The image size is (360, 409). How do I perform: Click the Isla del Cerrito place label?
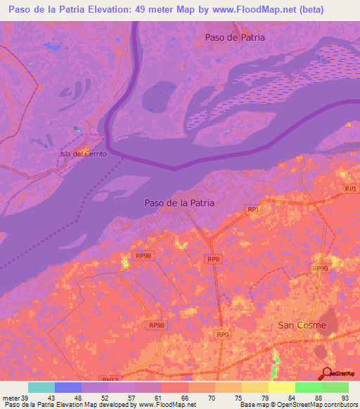coord(83,154)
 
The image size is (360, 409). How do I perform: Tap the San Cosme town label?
coord(302,325)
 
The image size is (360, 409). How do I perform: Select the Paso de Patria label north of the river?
coord(235,37)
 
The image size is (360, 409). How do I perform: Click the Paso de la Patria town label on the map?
coord(179,202)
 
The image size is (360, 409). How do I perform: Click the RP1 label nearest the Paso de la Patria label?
coord(254,209)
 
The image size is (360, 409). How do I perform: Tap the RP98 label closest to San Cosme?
coord(156,325)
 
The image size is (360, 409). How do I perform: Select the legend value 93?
coord(344,398)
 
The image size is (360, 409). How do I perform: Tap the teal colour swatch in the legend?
coord(41,387)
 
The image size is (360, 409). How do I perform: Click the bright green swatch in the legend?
coord(308,387)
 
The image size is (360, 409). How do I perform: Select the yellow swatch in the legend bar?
coord(281,387)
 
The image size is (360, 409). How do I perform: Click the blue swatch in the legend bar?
coord(68,387)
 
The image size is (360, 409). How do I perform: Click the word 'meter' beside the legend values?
coord(11,398)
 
